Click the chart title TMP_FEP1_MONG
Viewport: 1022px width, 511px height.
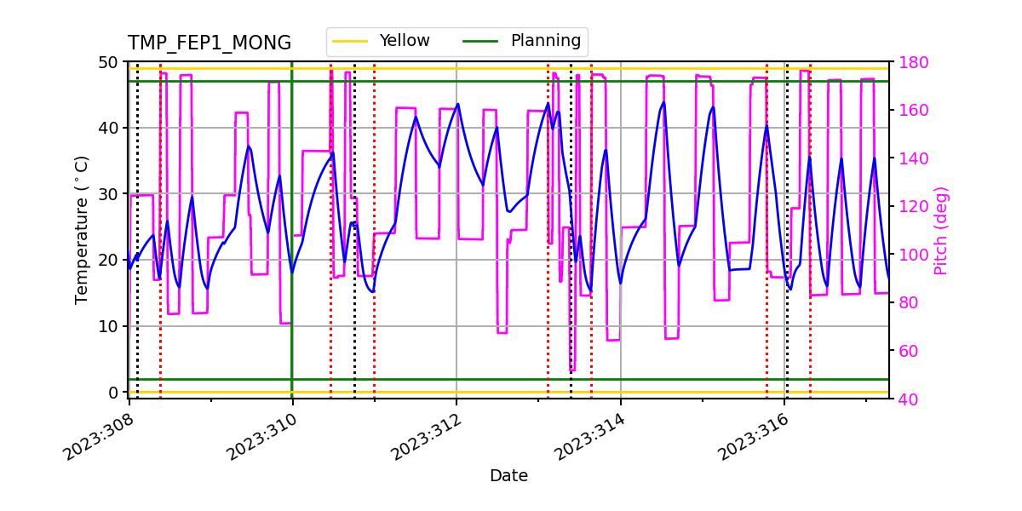(x=209, y=43)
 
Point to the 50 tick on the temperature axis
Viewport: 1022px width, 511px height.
(x=111, y=62)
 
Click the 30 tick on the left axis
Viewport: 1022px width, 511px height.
(x=111, y=194)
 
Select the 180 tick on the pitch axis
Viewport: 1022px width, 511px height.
(x=910, y=62)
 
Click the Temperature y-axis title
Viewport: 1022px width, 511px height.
(x=82, y=229)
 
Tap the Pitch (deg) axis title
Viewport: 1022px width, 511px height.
(x=941, y=230)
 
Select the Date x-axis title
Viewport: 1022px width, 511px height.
(x=508, y=476)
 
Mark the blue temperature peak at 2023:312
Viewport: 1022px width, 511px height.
(x=458, y=104)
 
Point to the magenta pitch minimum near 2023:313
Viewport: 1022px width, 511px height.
(x=572, y=370)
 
